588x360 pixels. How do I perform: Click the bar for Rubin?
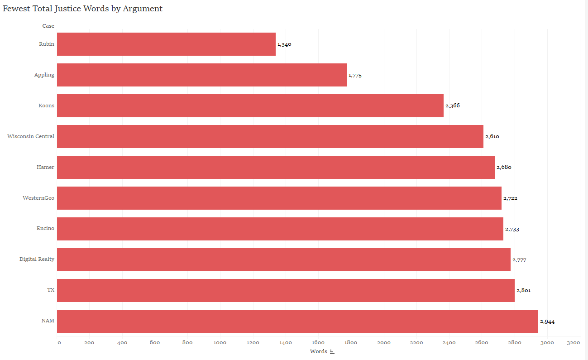pos(166,44)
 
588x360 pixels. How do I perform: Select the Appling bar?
pos(201,75)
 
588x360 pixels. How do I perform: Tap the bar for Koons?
pos(250,106)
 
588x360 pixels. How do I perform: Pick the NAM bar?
pos(297,321)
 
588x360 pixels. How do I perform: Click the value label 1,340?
pos(284,44)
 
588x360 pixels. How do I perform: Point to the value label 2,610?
pos(492,137)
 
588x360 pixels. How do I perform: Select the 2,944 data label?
pos(547,322)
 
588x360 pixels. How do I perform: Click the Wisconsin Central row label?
pos(31,136)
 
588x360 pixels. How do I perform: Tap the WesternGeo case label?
pos(38,198)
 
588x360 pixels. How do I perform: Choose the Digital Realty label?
pos(37,259)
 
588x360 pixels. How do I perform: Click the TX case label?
pos(51,290)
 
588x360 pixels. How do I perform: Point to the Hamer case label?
pos(45,167)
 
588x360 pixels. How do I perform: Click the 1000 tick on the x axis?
pos(220,343)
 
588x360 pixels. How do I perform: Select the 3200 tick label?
pos(573,343)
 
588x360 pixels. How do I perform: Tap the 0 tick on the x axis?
pos(59,343)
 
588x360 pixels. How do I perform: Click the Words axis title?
pos(318,351)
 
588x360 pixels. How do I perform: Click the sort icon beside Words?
pos(332,352)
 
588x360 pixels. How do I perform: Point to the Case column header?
pos(48,26)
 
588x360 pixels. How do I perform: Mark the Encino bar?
pos(280,229)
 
